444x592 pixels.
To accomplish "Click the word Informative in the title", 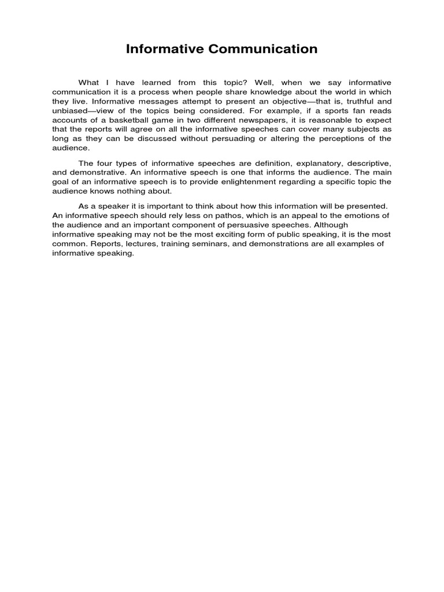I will pos(165,49).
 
